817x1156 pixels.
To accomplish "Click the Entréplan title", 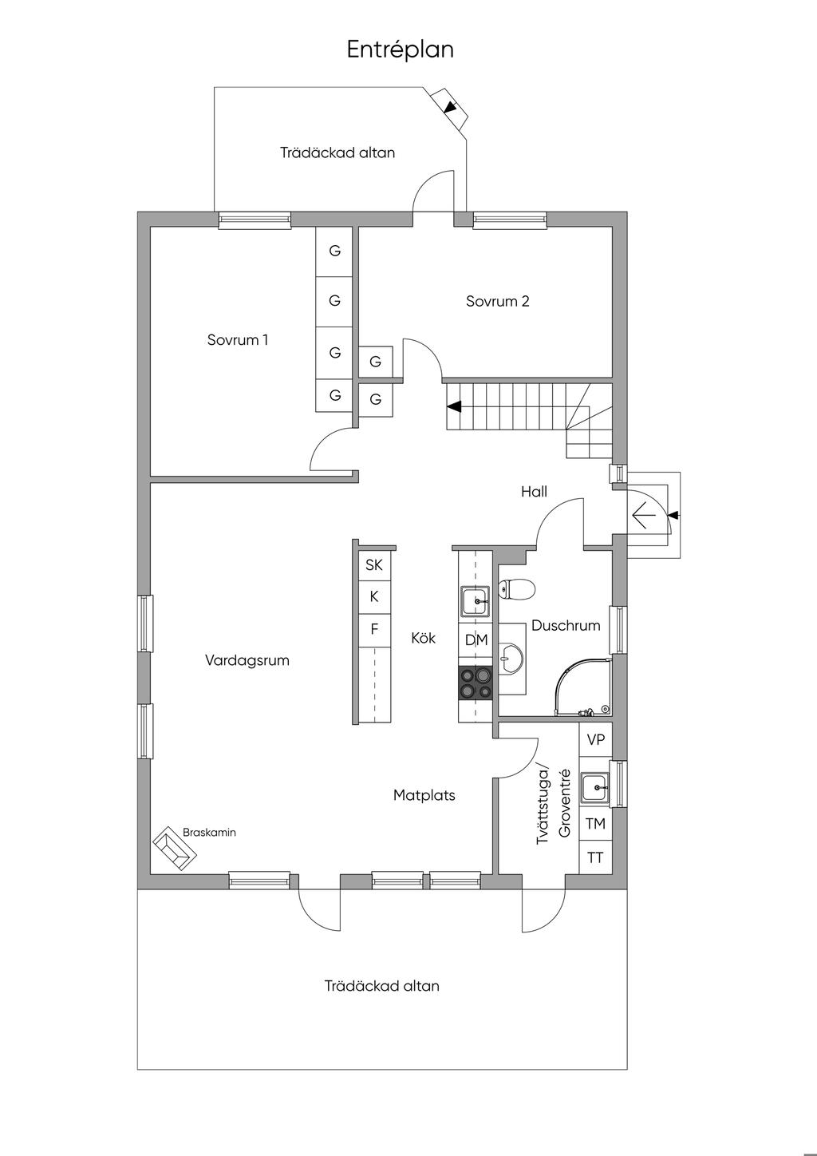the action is pos(401,50).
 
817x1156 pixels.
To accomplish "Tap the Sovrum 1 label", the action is pos(237,339).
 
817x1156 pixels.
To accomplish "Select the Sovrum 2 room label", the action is pos(497,301).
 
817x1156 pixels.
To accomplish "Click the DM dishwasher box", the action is pos(476,640).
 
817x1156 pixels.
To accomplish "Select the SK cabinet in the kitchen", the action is pos(374,565).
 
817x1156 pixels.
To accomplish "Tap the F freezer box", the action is pos(374,630).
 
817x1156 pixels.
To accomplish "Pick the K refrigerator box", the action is pos(374,597).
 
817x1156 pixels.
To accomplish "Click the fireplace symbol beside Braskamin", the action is pos(175,849).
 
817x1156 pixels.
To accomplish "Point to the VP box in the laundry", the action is pos(596,739).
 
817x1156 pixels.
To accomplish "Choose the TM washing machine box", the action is pos(596,824).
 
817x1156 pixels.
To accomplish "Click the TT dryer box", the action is pos(596,857).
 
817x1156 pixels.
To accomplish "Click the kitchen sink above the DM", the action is pos(476,601).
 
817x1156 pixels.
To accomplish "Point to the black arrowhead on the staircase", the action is pos(454,406).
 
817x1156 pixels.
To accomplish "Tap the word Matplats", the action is pos(424,795).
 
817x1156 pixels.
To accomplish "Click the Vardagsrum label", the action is pos(247,660).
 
